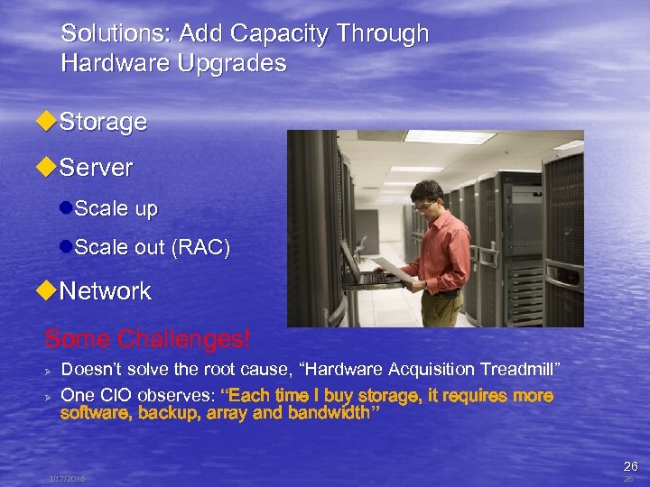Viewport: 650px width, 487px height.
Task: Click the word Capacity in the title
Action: tap(280, 34)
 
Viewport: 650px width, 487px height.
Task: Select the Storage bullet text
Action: tap(103, 122)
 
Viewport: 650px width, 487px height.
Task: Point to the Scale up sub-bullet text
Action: tap(116, 209)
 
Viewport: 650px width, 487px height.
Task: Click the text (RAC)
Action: tap(200, 247)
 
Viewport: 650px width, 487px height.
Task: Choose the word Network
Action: tap(105, 291)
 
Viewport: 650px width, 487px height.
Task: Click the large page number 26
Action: tap(630, 466)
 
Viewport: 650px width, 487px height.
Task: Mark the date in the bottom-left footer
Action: tap(67, 479)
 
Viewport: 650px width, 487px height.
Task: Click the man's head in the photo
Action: tap(425, 195)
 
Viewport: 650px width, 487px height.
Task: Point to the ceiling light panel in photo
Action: tap(449, 137)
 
